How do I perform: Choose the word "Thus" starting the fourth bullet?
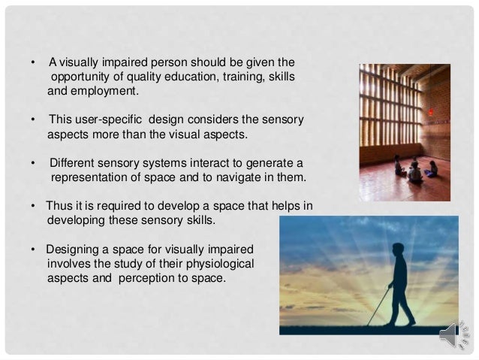coord(59,205)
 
